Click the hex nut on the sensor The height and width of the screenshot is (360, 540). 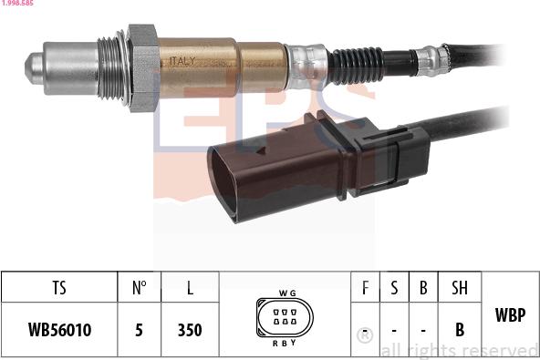pos(142,68)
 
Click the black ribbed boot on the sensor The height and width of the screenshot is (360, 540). pos(356,64)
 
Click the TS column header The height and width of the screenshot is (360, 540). pos(59,288)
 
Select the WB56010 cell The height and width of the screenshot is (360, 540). pos(59,329)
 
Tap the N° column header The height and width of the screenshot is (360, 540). pos(139,288)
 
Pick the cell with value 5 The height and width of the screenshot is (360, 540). pos(139,329)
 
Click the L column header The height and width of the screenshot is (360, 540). pos(190,288)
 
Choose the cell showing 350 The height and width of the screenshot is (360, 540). pos(190,329)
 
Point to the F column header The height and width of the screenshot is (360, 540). pos(366,288)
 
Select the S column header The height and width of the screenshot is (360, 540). pos(394,288)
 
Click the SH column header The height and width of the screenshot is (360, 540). pos(460,288)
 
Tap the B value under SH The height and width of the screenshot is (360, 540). pos(460,329)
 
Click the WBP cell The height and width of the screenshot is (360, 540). pos(509,315)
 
